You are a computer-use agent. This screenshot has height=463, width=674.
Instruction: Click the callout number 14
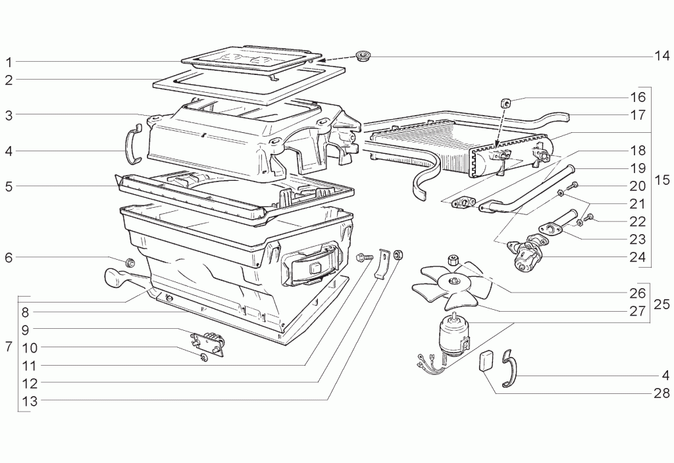[662, 56]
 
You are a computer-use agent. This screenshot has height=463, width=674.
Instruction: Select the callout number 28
[662, 393]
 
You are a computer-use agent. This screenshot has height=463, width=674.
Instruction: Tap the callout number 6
[9, 257]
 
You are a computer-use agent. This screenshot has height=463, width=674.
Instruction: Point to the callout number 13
[30, 401]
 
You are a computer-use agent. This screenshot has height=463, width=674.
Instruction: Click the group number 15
[662, 180]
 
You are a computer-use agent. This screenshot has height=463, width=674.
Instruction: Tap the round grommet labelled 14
[363, 56]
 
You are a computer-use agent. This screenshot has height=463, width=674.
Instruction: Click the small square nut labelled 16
[505, 103]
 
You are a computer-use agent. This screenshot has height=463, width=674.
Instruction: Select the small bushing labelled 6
[130, 262]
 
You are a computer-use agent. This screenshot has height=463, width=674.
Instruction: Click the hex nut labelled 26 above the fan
[452, 259]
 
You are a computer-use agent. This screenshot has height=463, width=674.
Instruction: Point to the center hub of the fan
[452, 281]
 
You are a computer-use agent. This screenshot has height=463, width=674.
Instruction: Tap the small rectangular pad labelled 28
[484, 360]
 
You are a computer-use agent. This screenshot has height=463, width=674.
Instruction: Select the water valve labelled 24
[526, 253]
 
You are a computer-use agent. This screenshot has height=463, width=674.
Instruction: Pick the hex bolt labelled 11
[364, 257]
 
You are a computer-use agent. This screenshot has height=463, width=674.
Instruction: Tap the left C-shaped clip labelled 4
[134, 143]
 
